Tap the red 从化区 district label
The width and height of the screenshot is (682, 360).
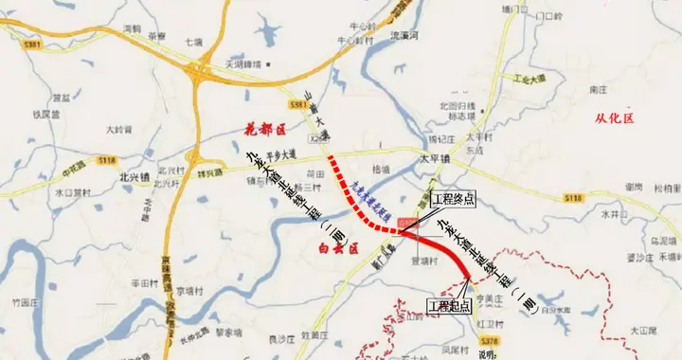click(x=613, y=118)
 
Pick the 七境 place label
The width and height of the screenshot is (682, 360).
click(x=194, y=43)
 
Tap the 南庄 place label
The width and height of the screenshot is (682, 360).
click(x=597, y=89)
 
